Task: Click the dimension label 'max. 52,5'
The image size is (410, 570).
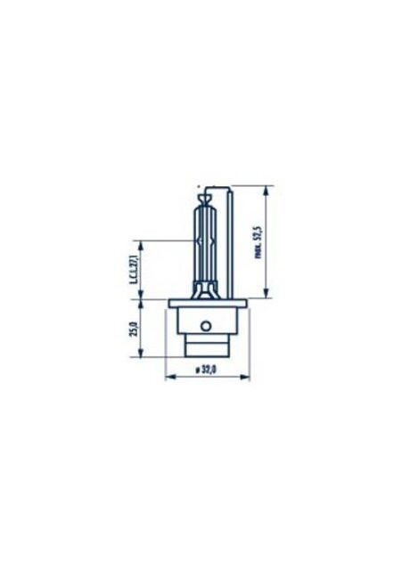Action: pos(258,241)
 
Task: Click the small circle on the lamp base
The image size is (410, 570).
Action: pos(207,325)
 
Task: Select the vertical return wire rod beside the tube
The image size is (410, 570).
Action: pos(233,240)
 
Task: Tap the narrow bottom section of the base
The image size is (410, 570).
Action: pos(207,346)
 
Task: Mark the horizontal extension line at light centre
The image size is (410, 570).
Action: pos(169,240)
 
